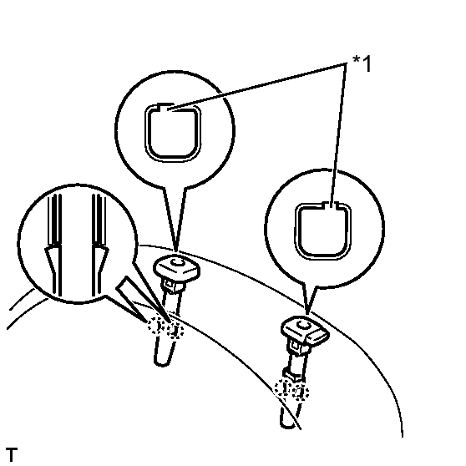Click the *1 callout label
[x=362, y=63]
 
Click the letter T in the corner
[x=12, y=454]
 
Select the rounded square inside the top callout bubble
[x=173, y=133]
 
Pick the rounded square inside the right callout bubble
[x=323, y=231]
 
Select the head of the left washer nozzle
[x=176, y=268]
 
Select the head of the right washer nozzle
[x=305, y=330]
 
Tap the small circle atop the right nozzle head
[x=304, y=325]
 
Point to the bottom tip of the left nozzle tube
[x=162, y=364]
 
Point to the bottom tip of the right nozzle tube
[x=287, y=427]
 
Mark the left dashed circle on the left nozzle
[x=157, y=326]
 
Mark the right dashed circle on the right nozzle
[x=300, y=392]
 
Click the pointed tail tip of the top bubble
[x=175, y=251]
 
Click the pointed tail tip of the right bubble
[x=307, y=313]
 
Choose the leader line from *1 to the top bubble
[x=256, y=87]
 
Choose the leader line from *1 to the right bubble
[x=338, y=134]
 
